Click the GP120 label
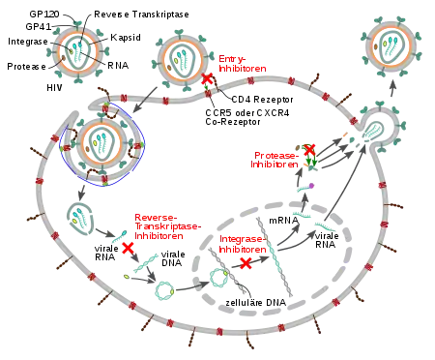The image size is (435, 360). tap(44, 15)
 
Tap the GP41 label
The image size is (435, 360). tap(39, 26)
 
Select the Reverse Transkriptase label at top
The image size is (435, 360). tap(141, 15)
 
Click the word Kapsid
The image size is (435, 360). tap(126, 38)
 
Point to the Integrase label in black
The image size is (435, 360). tap(28, 42)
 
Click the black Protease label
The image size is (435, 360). tap(26, 67)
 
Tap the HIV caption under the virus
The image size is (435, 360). tap(54, 88)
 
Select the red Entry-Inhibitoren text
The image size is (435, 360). tap(243, 64)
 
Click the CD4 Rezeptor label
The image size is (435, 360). tap(262, 100)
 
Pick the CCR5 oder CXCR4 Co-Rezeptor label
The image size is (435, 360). tap(247, 117)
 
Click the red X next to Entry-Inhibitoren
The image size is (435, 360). tap(207, 78)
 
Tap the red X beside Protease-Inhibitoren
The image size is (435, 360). tap(309, 149)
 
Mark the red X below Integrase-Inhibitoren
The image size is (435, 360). tap(246, 263)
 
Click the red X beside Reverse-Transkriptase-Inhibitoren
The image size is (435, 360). tap(128, 248)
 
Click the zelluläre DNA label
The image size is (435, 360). tap(255, 303)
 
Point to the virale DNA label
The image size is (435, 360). tap(173, 258)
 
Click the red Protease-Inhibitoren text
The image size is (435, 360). tap(275, 160)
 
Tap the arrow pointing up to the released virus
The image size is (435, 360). tap(392, 88)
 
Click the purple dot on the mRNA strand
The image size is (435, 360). tap(311, 186)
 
